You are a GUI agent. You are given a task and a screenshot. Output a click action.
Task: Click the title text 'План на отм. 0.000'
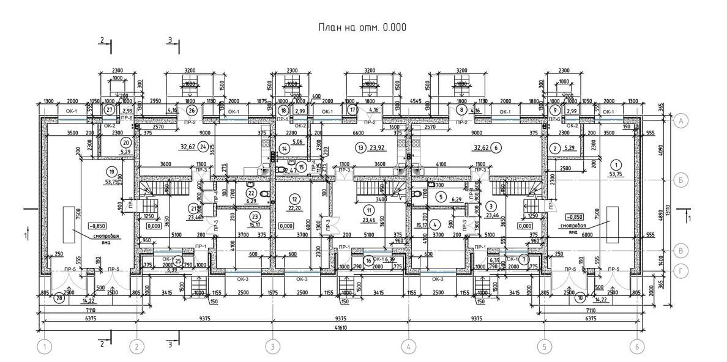pyautogui.click(x=362, y=28)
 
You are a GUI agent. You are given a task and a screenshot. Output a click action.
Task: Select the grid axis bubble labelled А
pyautogui.click(x=680, y=121)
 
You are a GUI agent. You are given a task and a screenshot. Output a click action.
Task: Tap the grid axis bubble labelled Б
pyautogui.click(x=680, y=180)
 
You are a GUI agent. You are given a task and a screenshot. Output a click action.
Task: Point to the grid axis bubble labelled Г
pyautogui.click(x=680, y=270)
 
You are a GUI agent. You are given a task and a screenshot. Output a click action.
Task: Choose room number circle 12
pyautogui.click(x=295, y=199)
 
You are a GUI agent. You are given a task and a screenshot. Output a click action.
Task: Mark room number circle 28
pyautogui.click(x=59, y=298)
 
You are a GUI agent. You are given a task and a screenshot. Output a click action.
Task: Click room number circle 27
pyautogui.click(x=110, y=110)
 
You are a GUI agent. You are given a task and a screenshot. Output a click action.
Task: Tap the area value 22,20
pyautogui.click(x=295, y=209)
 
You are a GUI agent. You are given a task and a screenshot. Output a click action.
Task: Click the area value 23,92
pyautogui.click(x=378, y=147)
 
